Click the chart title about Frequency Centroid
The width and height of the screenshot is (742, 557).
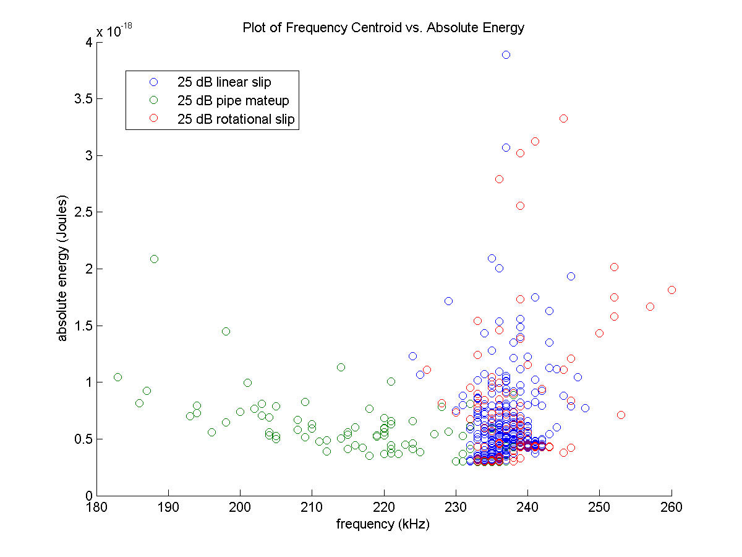pos(383,28)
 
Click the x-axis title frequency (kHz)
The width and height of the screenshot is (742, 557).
pos(383,524)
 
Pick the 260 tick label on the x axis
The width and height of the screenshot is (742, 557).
pos(672,508)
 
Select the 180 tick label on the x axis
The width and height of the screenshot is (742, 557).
pos(96,508)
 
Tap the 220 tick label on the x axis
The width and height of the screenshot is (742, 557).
pos(384,508)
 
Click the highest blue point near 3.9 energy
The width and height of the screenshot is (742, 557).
pos(506,54)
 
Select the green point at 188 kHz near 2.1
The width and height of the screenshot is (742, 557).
pos(154,259)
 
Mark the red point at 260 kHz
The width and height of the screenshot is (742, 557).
pos(672,290)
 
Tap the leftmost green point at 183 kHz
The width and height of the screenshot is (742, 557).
pos(117,377)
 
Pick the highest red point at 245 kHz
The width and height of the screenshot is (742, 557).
pos(563,118)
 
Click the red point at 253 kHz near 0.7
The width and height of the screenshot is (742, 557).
pos(621,415)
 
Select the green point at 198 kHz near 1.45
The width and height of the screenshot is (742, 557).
pos(226,331)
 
